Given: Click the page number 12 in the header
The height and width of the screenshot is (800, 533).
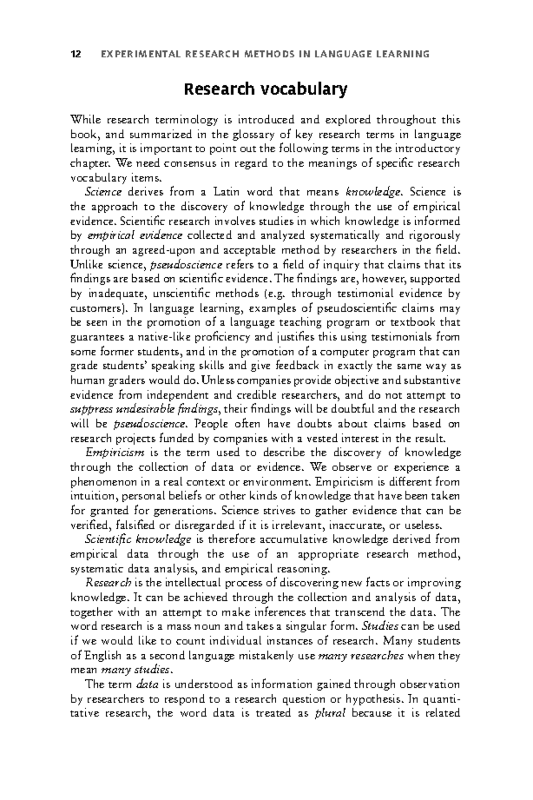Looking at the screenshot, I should point(76,55).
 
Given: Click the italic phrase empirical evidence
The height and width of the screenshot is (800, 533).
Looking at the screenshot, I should point(135,236).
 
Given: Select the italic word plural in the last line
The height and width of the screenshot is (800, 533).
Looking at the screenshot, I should point(330,714).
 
